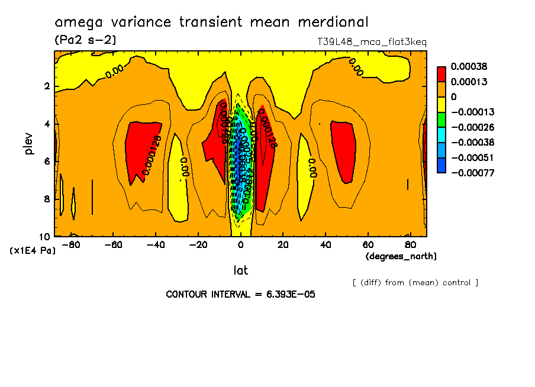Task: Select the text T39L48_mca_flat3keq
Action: [x=372, y=42]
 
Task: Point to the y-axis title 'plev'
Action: [x=30, y=143]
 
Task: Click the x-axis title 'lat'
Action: [x=240, y=270]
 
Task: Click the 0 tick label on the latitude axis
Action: [x=240, y=244]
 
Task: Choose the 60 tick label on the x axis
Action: [x=368, y=244]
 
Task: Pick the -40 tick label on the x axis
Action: [x=156, y=244]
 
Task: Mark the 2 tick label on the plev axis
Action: [x=47, y=86]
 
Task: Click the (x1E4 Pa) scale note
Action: [x=33, y=251]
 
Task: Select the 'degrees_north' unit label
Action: [x=401, y=256]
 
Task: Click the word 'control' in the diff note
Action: [x=457, y=282]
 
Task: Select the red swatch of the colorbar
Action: [x=441, y=74]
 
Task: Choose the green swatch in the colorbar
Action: [x=441, y=120]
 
